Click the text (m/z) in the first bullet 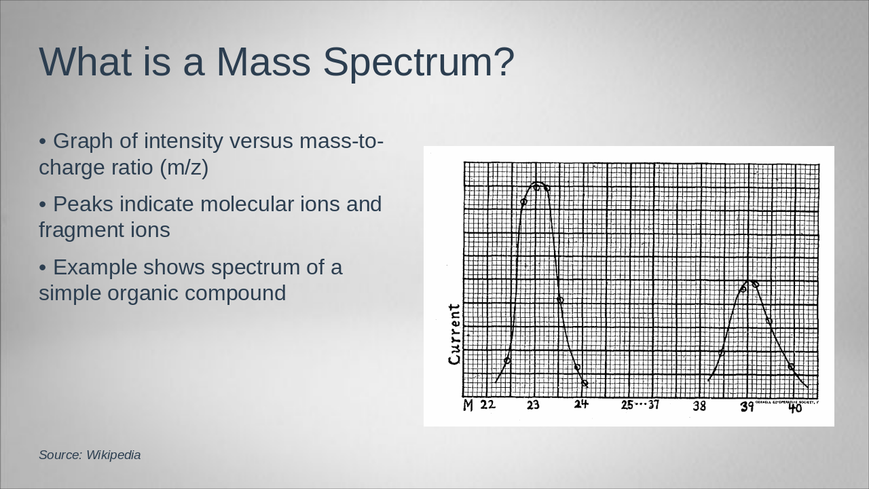(x=184, y=167)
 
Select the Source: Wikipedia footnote (x=90, y=455)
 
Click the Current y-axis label (x=454, y=334)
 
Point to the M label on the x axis (x=468, y=406)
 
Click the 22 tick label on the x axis (x=487, y=405)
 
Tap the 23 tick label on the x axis (x=533, y=405)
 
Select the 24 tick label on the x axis (x=581, y=405)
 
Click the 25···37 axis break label (x=640, y=405)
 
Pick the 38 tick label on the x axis (x=699, y=406)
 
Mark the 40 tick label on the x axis (x=795, y=408)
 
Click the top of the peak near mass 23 (x=536, y=183)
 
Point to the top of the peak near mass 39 (x=749, y=280)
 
